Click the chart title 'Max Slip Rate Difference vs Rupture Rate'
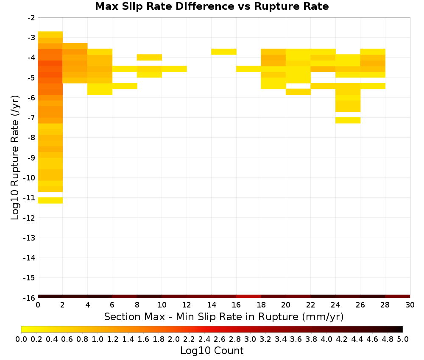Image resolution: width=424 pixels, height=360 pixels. coord(212,6)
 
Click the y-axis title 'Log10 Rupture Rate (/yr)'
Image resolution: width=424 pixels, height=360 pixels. coord(15,158)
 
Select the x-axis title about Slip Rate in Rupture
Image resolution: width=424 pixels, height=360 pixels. coord(224,316)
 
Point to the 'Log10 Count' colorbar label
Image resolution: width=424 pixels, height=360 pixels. coord(212,351)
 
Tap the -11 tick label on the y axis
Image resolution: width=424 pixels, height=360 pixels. coord(29,198)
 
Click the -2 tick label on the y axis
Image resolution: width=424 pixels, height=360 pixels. coord(31,18)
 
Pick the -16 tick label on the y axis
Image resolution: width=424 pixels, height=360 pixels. coord(29,298)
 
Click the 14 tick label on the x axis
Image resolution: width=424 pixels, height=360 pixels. coord(212,305)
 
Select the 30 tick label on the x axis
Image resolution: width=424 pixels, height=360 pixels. coord(410,305)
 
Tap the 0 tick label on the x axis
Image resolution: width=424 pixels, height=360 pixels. coord(38,305)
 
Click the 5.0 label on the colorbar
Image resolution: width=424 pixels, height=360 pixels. coord(403,339)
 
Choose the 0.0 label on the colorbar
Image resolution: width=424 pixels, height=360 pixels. coord(21,339)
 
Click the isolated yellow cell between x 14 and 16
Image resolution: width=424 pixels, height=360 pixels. coord(224,52)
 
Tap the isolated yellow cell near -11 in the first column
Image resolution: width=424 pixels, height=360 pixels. coord(50,200)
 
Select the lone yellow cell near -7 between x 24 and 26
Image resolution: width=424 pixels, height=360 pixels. coord(348,120)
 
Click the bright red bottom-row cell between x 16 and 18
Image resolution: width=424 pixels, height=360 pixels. coord(249,296)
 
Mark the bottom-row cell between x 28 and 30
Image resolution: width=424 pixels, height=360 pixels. coord(398,296)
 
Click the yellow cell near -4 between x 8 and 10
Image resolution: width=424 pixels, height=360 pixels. coord(150,58)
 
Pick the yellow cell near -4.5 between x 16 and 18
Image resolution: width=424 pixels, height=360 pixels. coord(249,69)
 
